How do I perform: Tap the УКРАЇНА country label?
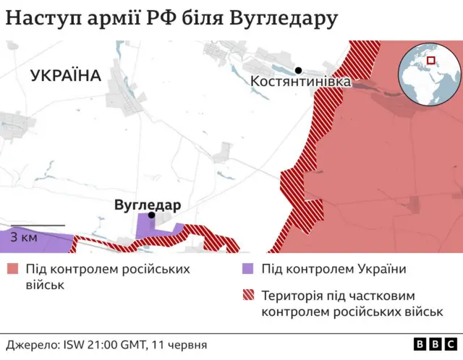[x=66, y=75]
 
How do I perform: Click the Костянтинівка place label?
[x=301, y=83]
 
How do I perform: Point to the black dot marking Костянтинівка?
[x=298, y=70]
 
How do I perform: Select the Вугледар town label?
[x=148, y=205]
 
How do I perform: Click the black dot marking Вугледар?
[x=151, y=215]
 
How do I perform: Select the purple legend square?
[x=248, y=270]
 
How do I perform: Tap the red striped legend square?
[x=248, y=296]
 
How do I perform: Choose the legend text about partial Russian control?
[x=352, y=304]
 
